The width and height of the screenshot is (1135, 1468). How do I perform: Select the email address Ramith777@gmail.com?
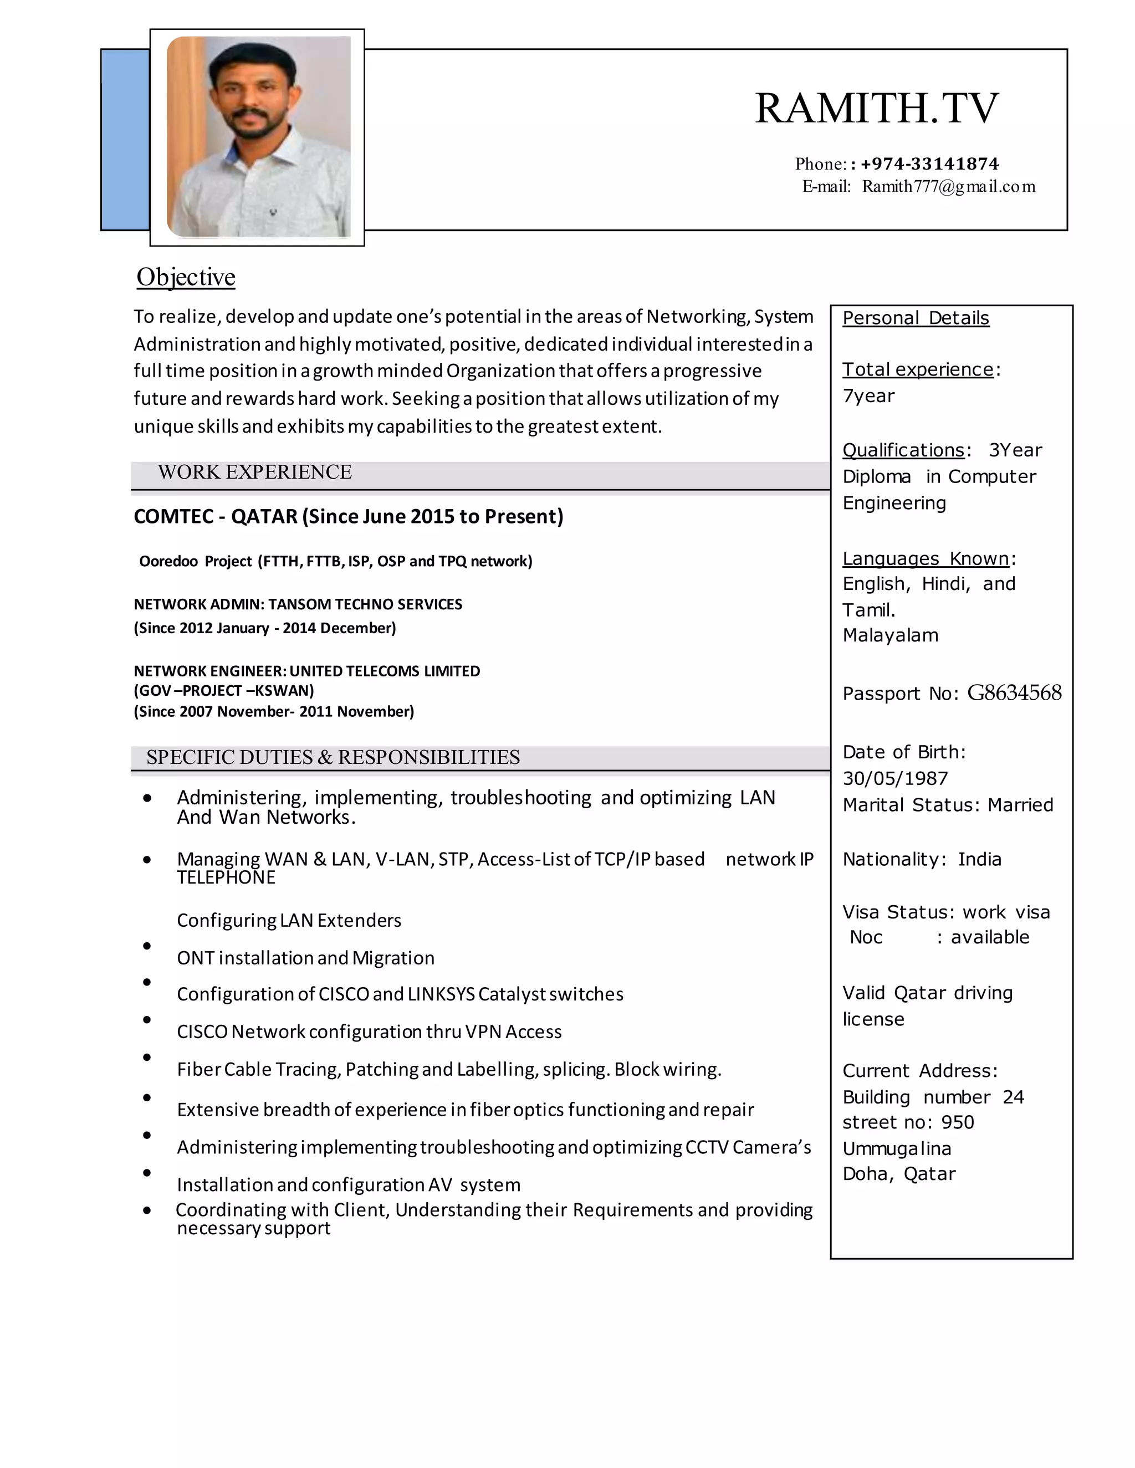click(x=948, y=186)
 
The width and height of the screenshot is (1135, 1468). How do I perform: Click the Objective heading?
click(x=186, y=277)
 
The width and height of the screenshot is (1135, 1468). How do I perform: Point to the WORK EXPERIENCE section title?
click(x=254, y=472)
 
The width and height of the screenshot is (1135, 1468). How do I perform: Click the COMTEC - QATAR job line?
click(x=348, y=516)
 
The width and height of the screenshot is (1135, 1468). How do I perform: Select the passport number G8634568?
click(x=1014, y=692)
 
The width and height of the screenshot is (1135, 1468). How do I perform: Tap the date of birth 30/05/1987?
click(x=895, y=778)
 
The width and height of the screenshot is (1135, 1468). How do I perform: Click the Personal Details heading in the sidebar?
click(x=916, y=318)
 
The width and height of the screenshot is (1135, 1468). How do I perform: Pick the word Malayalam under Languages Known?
click(x=890, y=635)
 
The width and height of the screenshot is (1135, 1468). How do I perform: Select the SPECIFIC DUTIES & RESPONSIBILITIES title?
click(x=333, y=757)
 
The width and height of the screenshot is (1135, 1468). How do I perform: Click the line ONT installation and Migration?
click(x=305, y=958)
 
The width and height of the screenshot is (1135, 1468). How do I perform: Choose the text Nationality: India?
click(x=921, y=859)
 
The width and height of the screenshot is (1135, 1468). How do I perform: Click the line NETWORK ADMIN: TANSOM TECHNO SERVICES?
click(x=298, y=604)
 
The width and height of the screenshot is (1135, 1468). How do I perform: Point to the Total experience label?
click(x=917, y=369)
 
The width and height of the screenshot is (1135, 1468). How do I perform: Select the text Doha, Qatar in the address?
click(x=898, y=1174)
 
